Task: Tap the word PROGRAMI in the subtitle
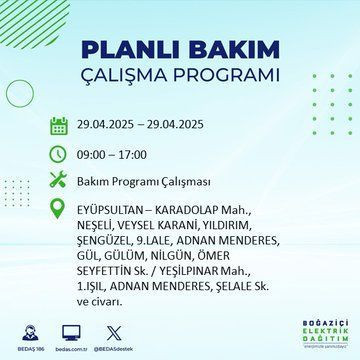226,76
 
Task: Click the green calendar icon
58,126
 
